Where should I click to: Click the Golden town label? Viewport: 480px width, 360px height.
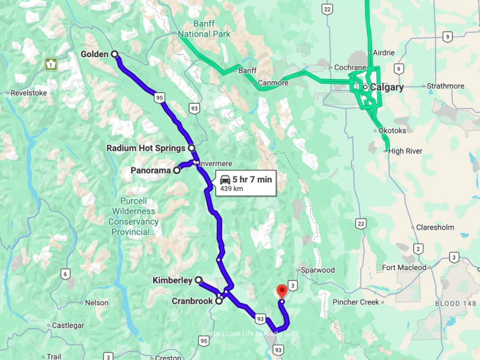pos(94,54)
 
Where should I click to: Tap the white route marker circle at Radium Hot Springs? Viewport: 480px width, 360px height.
pos(192,148)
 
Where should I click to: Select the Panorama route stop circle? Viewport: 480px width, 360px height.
pos(177,171)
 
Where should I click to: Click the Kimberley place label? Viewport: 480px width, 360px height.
pos(172,280)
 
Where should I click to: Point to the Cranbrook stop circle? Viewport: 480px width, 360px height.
pos(219,301)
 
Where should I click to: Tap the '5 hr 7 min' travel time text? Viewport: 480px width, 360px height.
pos(252,179)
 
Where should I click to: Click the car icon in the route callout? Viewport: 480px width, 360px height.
pos(225,179)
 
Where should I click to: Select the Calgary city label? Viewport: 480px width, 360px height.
pos(387,87)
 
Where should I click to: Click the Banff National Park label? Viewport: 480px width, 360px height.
pos(204,29)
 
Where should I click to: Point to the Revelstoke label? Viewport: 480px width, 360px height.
pos(29,93)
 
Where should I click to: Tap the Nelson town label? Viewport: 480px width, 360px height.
pos(97,303)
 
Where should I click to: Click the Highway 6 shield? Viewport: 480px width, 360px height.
pos(66,274)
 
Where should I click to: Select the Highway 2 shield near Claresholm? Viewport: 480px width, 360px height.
pos(417,248)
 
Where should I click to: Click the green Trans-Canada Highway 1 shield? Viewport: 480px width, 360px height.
pos(51,64)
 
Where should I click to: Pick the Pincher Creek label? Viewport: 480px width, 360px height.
pos(356,302)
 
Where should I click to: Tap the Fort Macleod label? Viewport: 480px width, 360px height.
pos(404,268)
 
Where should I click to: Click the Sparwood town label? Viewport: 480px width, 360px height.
pos(318,270)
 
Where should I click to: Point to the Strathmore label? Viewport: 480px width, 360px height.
pos(445,86)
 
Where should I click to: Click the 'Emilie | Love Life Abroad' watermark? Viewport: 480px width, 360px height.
pos(240,333)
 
